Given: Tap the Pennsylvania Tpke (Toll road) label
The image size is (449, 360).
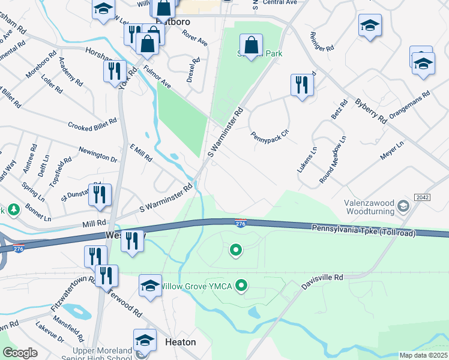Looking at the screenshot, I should pos(364,230).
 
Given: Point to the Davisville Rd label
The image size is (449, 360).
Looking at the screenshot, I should pos(323,278).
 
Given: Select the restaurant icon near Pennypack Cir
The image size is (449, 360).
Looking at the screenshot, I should pos(302,85).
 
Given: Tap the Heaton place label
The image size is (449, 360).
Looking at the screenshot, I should pos(180,342).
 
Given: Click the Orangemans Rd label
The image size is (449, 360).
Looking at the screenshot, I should pos(410,104).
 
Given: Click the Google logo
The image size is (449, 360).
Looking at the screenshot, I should pos(20,352).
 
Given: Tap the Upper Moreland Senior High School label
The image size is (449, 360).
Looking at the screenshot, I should pos(102,354).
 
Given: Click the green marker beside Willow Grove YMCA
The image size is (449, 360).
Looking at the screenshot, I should pos(241,285).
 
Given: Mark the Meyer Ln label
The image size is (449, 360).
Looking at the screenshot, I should pos(391,151).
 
